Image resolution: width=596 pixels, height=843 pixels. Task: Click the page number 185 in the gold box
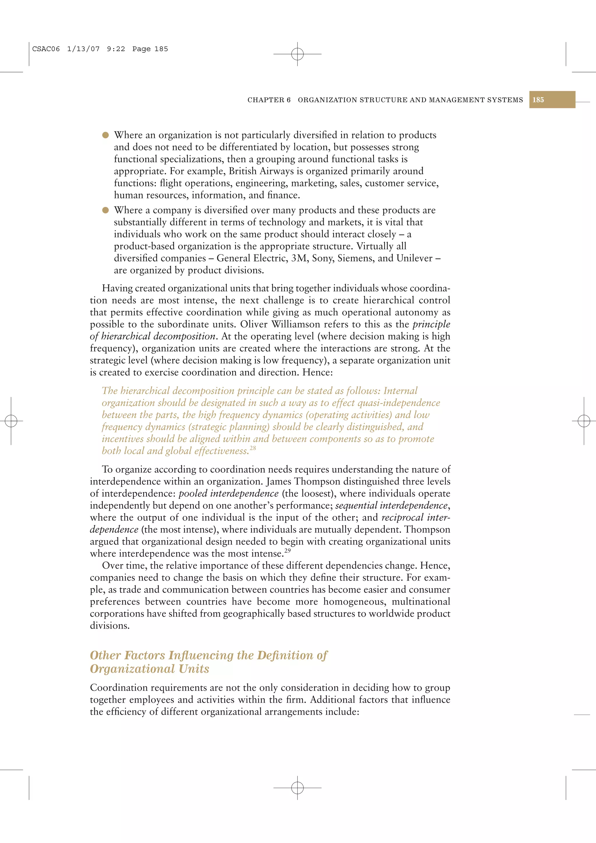point(538,100)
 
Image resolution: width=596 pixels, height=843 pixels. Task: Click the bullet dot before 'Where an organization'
point(105,135)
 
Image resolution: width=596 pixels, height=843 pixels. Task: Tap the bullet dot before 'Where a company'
point(105,210)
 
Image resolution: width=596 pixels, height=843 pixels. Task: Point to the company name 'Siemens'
point(354,258)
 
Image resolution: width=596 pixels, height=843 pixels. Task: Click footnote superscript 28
point(253,448)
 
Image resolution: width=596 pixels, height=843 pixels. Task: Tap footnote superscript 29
point(288,550)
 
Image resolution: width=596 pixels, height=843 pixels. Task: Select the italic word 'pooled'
point(193,493)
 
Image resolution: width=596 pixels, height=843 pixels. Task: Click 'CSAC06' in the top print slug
point(46,49)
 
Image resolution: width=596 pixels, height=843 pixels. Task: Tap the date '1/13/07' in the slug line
point(83,49)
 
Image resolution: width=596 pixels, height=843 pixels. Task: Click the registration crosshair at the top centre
point(297,54)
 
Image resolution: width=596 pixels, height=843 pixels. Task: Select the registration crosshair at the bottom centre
point(297,787)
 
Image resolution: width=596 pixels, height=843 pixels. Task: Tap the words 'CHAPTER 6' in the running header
point(269,100)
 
